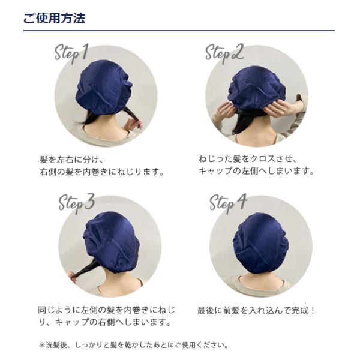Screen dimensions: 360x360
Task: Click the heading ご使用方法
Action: (x=54, y=18)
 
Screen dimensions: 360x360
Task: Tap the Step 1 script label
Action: (x=71, y=53)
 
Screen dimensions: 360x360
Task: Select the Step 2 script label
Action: (x=224, y=53)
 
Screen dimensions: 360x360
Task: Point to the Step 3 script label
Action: (x=77, y=203)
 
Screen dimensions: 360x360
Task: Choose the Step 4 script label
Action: (x=228, y=203)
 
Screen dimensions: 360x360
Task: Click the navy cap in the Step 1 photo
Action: (x=104, y=88)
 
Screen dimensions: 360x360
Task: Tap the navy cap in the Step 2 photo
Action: (x=256, y=88)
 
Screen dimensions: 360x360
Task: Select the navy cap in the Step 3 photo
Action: (x=111, y=242)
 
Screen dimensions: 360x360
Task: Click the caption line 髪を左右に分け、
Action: (x=73, y=160)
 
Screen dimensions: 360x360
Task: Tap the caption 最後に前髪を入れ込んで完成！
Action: (x=256, y=310)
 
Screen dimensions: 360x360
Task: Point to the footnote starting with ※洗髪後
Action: (x=134, y=344)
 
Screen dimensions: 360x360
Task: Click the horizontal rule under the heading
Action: (x=179, y=31)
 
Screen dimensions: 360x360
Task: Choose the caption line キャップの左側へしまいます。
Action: (x=256, y=171)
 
